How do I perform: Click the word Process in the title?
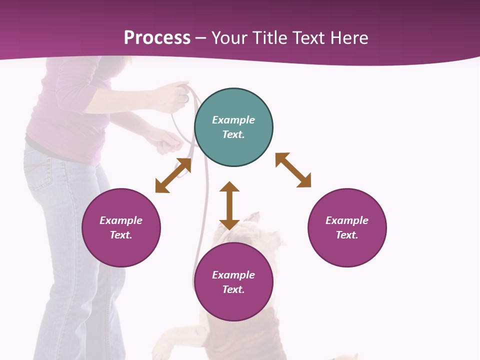point(157,37)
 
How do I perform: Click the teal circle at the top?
point(233,127)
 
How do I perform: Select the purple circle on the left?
point(121,227)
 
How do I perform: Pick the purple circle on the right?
point(347,227)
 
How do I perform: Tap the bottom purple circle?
point(233,282)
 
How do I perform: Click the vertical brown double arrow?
point(229,205)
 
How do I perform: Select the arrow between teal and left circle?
point(173,175)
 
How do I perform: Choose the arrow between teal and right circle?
point(293,170)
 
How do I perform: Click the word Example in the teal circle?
point(233,120)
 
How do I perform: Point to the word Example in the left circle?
point(121,220)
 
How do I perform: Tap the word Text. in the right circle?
point(347,235)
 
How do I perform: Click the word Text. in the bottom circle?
point(233,289)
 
